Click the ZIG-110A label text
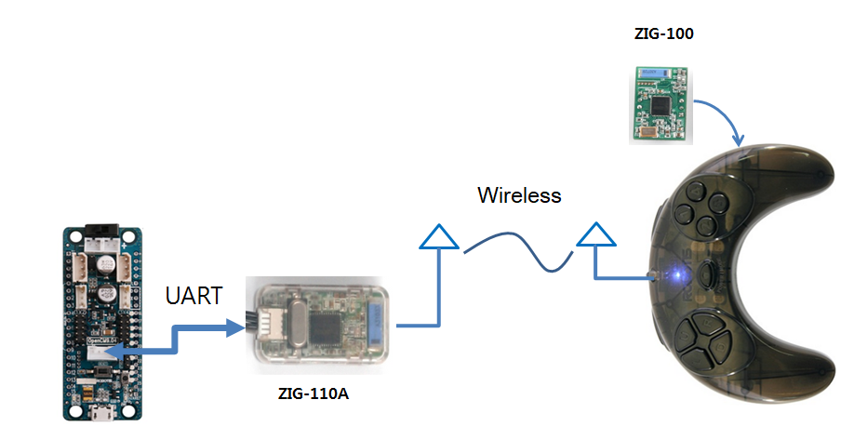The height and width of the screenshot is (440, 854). tap(314, 393)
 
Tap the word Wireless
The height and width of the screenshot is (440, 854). tap(519, 195)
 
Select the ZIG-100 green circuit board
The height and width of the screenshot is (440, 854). tap(660, 102)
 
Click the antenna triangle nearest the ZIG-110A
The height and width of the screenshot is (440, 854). tap(438, 237)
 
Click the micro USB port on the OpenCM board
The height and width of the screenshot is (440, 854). tap(100, 413)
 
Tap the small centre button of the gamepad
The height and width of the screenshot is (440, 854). tap(710, 274)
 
